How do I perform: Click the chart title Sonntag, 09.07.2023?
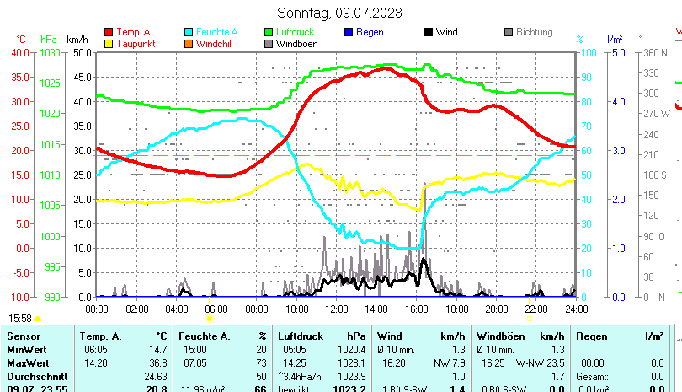pos(339,13)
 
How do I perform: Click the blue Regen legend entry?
pos(369,32)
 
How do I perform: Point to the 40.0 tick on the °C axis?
pos(19,52)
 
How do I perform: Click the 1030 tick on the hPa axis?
pos(50,52)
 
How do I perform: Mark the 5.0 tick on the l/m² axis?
pos(615,52)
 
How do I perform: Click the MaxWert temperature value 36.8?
pos(158,362)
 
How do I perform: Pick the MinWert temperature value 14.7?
pos(158,349)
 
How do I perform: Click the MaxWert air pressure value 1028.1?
pos(353,362)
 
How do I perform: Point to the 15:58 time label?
pos(20,318)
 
